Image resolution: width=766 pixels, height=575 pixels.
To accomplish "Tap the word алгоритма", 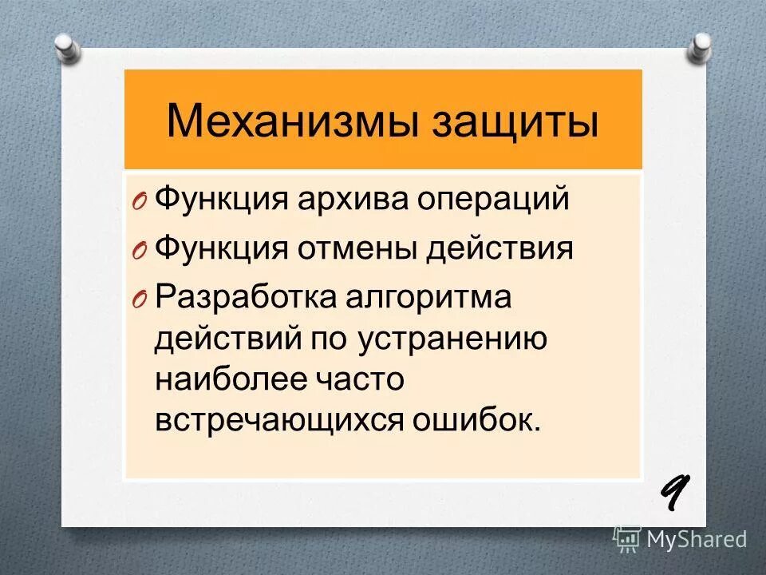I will pos(431,298).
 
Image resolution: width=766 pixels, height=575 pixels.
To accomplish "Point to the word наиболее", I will pos(229,379).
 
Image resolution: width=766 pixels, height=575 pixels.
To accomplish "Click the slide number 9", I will pos(673,494).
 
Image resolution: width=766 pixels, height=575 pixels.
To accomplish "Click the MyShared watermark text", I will pos(696,539).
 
